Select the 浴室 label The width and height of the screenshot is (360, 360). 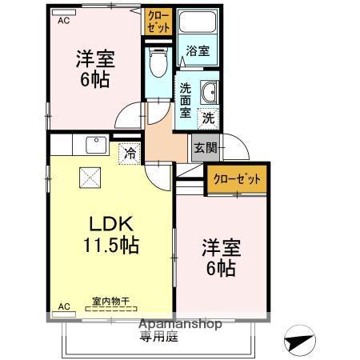(x=198, y=50)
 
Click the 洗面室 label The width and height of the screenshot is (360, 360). (x=185, y=100)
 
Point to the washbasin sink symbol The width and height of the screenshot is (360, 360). (x=209, y=92)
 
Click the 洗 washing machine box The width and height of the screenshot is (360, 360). (x=207, y=117)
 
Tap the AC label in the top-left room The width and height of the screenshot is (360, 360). (x=63, y=22)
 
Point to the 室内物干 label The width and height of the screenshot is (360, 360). (x=110, y=301)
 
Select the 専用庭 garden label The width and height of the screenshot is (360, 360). (x=161, y=338)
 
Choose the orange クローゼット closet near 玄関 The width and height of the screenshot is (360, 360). (x=237, y=179)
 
